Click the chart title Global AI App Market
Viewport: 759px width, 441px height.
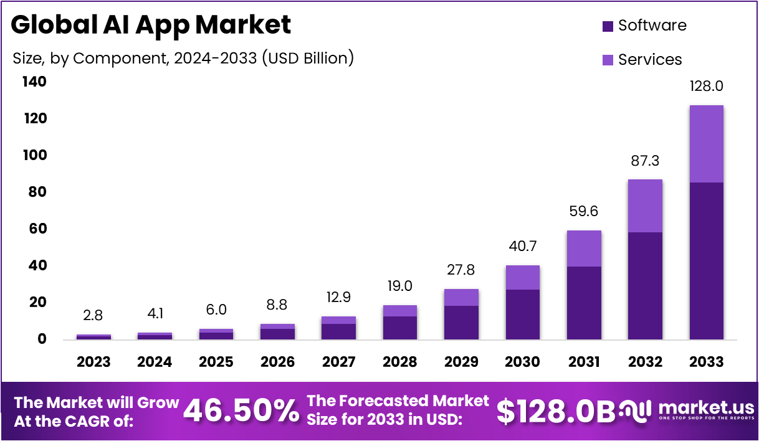click(151, 26)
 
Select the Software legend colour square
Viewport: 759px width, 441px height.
click(608, 26)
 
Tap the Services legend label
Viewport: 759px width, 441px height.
click(650, 60)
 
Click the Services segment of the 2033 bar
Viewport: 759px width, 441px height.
click(706, 144)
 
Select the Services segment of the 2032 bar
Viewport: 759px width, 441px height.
click(645, 206)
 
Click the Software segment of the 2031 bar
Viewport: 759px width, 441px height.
click(584, 303)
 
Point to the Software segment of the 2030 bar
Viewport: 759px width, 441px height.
click(522, 314)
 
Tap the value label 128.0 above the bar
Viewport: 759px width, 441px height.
click(706, 87)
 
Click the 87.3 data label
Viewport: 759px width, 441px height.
click(645, 161)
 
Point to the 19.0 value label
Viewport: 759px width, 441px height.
click(399, 287)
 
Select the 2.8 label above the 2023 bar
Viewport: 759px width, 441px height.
click(93, 315)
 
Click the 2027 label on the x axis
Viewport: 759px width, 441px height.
click(338, 362)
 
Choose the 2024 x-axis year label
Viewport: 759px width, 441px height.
click(155, 362)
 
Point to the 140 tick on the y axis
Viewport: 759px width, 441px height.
click(34, 82)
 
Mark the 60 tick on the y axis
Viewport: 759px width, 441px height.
click(37, 229)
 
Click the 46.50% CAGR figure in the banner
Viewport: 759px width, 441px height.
click(242, 410)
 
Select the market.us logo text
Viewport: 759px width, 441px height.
click(706, 408)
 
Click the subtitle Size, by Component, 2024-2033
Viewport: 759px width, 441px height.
click(183, 59)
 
